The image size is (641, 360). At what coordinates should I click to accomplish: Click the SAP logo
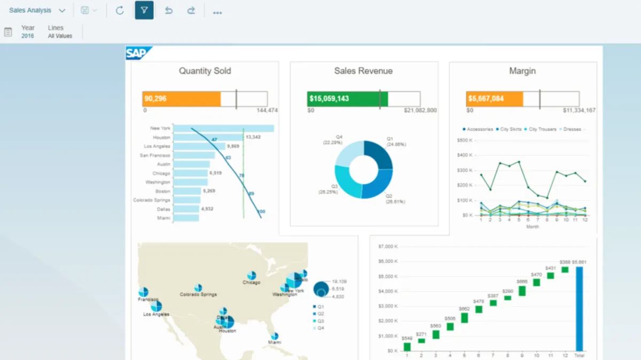click(x=138, y=53)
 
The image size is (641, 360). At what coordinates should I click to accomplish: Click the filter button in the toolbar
click(x=144, y=10)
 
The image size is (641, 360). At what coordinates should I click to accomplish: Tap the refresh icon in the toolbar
click(x=120, y=10)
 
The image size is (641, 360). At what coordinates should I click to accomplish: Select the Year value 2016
click(x=27, y=36)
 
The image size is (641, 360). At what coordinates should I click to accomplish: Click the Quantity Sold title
click(x=205, y=71)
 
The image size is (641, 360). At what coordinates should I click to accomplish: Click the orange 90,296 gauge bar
click(x=181, y=99)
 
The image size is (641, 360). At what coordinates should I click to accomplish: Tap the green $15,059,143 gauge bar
click(x=343, y=99)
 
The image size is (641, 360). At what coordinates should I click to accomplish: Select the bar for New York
click(x=223, y=128)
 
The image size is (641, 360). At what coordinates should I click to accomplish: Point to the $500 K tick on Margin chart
click(x=465, y=140)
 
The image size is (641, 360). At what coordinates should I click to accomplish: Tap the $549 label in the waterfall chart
click(x=407, y=339)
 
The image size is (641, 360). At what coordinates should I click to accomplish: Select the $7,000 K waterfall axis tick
click(x=387, y=246)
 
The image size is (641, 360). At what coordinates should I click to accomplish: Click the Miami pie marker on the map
click(x=274, y=337)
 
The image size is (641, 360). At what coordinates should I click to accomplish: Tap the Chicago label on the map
click(x=251, y=283)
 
